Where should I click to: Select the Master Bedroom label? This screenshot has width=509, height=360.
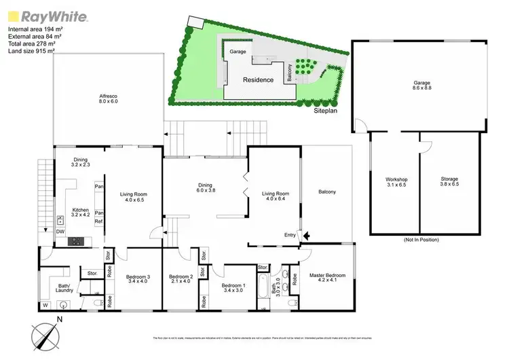pyautogui.click(x=328, y=278)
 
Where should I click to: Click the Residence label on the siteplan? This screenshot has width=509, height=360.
pyautogui.click(x=259, y=79)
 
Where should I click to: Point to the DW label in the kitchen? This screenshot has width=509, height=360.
pyautogui.click(x=60, y=231)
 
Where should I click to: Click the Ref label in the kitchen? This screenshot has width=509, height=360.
pyautogui.click(x=98, y=221)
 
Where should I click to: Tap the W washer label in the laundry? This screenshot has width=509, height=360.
pyautogui.click(x=45, y=304)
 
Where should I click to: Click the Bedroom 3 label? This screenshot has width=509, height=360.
pyautogui.click(x=138, y=279)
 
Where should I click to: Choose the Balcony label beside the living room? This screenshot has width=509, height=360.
pyautogui.click(x=326, y=192)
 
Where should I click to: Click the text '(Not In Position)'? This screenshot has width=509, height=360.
pyautogui.click(x=421, y=240)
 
